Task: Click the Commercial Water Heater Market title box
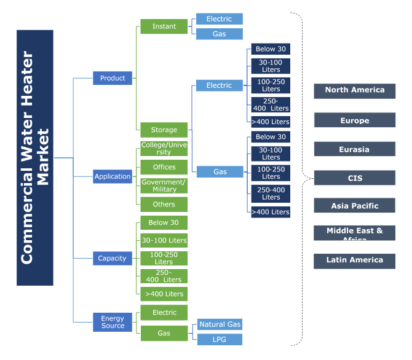coord(35,158)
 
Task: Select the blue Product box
coord(113,78)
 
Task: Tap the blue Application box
coord(113,176)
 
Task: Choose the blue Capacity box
coord(113,258)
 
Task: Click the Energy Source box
coord(113,322)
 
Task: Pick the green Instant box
coord(164,26)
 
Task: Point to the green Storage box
coord(164,130)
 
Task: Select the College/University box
coord(164,148)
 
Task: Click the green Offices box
coord(164,167)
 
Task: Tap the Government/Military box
coord(164,186)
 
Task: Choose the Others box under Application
coord(164,205)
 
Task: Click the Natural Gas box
coord(220,324)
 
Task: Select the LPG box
coord(220,339)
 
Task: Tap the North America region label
coord(355,90)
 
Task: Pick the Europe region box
coord(355,120)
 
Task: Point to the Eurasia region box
coord(355,149)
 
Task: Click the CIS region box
coord(355,178)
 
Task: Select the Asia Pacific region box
coord(355,206)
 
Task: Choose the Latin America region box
coord(355,260)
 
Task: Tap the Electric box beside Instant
coord(220,19)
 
